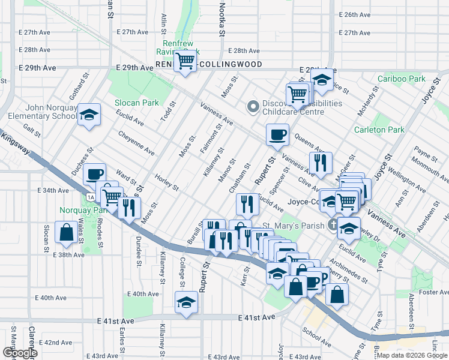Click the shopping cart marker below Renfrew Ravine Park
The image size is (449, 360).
tap(185, 61)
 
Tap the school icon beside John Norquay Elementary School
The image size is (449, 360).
tap(89, 114)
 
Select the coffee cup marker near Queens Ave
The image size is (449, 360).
tap(277, 134)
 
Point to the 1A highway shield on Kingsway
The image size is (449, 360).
tap(91, 197)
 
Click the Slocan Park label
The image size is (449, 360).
tap(137, 103)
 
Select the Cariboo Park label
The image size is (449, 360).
tap(402, 79)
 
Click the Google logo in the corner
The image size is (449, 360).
tap(20, 353)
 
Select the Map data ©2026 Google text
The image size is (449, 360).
tap(412, 355)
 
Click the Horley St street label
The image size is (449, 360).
tap(166, 182)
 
